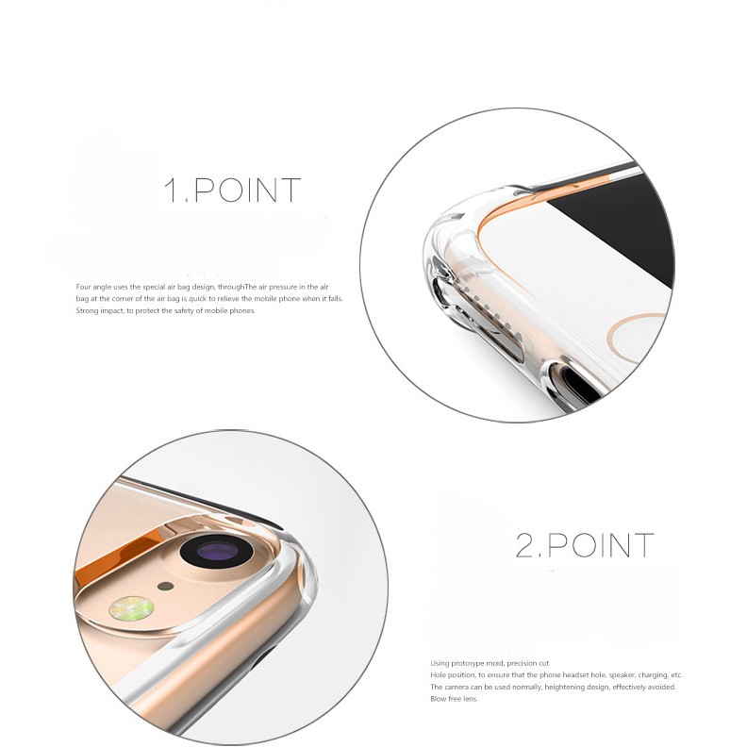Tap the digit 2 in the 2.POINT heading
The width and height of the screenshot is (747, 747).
click(525, 545)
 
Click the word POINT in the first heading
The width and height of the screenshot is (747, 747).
click(246, 191)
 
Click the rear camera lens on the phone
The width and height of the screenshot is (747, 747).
click(217, 551)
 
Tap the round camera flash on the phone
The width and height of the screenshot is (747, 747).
click(132, 608)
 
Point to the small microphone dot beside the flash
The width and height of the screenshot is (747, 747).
click(166, 585)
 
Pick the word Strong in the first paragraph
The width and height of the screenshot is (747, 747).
click(88, 310)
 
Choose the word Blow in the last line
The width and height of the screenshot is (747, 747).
click(439, 699)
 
